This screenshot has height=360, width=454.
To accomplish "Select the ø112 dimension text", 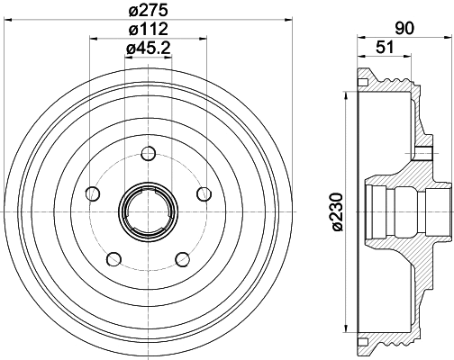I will click(148, 31).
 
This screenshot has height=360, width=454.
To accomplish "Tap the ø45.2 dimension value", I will click(148, 49).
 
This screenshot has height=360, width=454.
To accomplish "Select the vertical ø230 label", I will click(336, 212).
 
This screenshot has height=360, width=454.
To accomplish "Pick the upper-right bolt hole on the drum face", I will click(204, 192).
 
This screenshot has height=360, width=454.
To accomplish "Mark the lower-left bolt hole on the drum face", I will click(113, 258).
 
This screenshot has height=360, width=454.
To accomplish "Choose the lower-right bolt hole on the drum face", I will click(182, 258).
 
